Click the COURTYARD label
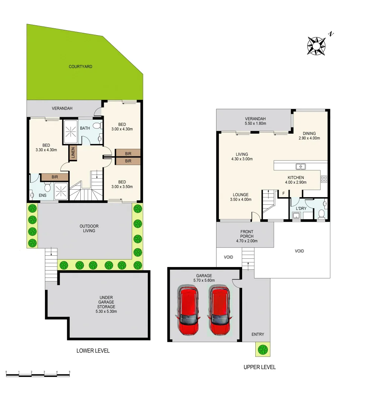[80, 67]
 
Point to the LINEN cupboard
[73, 153]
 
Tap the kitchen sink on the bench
[301, 166]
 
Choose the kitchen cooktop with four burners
[324, 179]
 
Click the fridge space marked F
[283, 193]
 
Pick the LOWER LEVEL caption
[93, 351]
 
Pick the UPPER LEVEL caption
[259, 367]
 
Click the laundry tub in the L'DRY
[296, 216]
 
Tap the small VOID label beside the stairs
[228, 257]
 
